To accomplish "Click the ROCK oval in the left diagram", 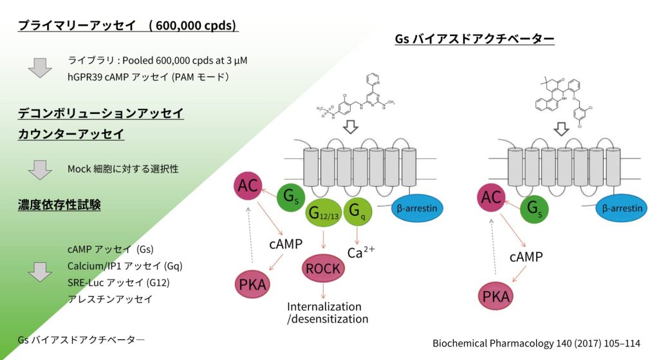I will pyautogui.click(x=322, y=269).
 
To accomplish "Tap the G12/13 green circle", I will pyautogui.click(x=322, y=212).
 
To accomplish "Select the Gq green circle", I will pyautogui.click(x=356, y=211).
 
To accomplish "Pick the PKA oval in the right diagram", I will pyautogui.click(x=496, y=297).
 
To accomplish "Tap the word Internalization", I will pyautogui.click(x=324, y=307).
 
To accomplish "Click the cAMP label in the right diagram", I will pyautogui.click(x=526, y=257).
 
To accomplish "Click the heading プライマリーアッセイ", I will pyautogui.click(x=77, y=26).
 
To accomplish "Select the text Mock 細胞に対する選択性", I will pyautogui.click(x=122, y=169).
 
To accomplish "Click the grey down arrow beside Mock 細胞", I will pyautogui.click(x=40, y=170).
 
